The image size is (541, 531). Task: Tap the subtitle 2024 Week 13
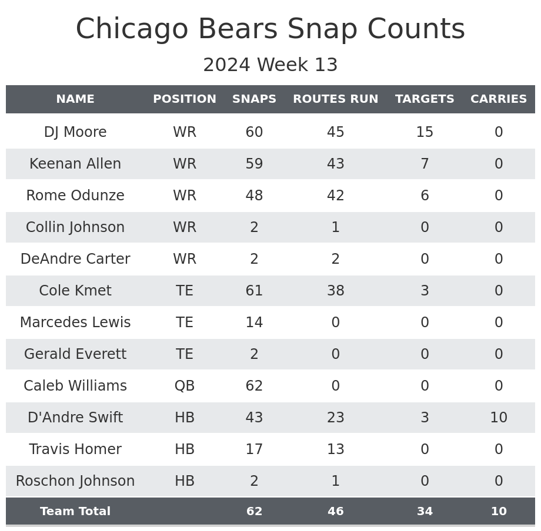[x=270, y=65]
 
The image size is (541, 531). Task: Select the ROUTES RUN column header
[x=335, y=99]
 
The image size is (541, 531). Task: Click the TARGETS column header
[x=425, y=99]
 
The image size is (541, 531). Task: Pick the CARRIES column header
[x=499, y=99]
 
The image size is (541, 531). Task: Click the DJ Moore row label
[x=75, y=132]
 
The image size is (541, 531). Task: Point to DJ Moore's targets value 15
[x=425, y=132]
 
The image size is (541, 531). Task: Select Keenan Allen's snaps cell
[x=254, y=164]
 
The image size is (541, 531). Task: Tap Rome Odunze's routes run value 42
[x=335, y=196]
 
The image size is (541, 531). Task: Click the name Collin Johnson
[x=75, y=227]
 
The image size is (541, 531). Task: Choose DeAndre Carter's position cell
[x=185, y=259]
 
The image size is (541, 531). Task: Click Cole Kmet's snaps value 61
[x=254, y=291]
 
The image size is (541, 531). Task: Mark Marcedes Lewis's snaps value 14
[x=254, y=322]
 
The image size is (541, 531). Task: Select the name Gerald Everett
[x=75, y=354]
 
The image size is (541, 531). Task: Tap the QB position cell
[x=185, y=386]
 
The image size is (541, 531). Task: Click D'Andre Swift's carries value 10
[x=499, y=418]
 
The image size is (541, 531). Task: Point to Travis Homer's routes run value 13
[x=335, y=449]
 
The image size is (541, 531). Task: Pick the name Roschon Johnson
[x=75, y=481]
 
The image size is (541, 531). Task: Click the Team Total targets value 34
[x=425, y=512]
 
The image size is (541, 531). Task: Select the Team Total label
[x=75, y=512]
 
